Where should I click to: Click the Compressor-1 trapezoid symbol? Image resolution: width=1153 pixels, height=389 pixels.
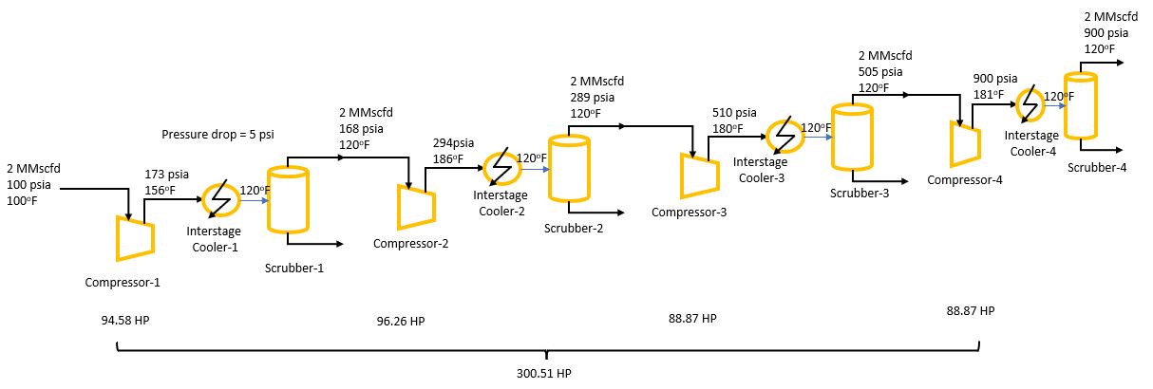click(133, 237)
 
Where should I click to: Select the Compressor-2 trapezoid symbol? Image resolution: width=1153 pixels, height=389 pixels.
click(416, 207)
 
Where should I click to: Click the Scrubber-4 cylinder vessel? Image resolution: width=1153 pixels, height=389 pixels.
click(1080, 105)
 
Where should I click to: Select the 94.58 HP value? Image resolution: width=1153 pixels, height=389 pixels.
click(125, 320)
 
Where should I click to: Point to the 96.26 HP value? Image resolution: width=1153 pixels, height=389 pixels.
click(401, 321)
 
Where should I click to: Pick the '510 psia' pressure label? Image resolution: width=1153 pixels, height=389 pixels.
click(735, 114)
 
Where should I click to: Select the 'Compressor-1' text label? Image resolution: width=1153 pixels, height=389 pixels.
click(123, 282)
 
